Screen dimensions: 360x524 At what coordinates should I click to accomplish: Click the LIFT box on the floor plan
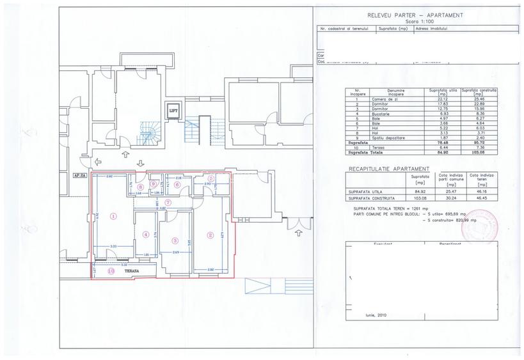tap(173, 111)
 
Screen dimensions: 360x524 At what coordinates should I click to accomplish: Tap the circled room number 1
tap(113, 216)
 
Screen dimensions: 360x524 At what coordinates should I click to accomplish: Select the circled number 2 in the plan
tap(210, 235)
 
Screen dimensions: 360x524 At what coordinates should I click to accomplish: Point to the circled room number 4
tap(146, 234)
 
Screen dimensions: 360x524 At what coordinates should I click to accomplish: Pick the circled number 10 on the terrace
tap(111, 271)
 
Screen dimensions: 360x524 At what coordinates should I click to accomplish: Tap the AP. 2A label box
tap(80, 173)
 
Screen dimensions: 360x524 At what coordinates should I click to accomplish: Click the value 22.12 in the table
tap(438, 98)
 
